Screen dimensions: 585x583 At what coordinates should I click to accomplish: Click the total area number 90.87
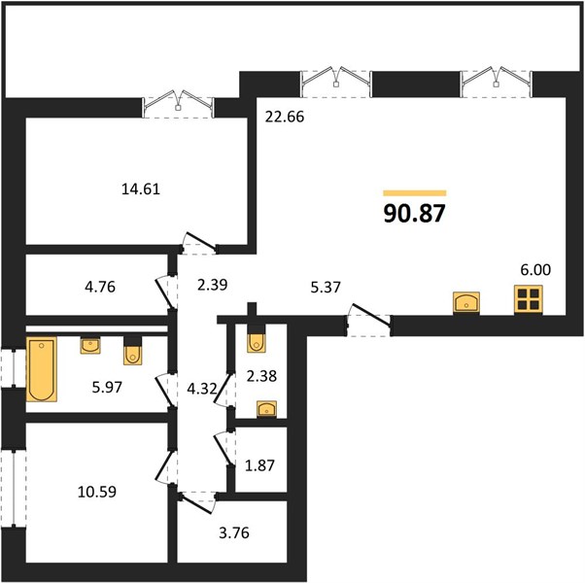[415, 214]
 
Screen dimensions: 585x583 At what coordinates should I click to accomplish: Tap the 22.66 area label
[285, 117]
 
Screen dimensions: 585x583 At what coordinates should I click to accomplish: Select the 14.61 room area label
[141, 189]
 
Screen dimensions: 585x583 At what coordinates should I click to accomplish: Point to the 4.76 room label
[100, 287]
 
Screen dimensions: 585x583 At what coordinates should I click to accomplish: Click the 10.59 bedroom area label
[97, 492]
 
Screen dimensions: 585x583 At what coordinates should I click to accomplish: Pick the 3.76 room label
[234, 532]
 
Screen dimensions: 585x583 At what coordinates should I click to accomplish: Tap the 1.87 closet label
[259, 465]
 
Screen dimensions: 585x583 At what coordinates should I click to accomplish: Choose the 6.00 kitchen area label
[535, 269]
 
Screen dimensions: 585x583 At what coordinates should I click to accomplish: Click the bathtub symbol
[42, 369]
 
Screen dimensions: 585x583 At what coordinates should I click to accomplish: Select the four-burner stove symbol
[529, 299]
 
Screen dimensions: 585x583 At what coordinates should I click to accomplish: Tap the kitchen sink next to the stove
[466, 302]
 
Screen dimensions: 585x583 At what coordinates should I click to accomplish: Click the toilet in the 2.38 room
[257, 339]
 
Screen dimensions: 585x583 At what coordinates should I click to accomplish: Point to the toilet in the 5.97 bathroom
[132, 351]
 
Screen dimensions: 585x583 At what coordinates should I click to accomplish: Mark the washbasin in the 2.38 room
[267, 408]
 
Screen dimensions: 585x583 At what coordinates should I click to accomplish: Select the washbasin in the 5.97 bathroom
[90, 345]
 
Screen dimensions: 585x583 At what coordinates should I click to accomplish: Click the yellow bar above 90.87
[415, 192]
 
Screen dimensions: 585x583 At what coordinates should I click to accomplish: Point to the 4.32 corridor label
[202, 389]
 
